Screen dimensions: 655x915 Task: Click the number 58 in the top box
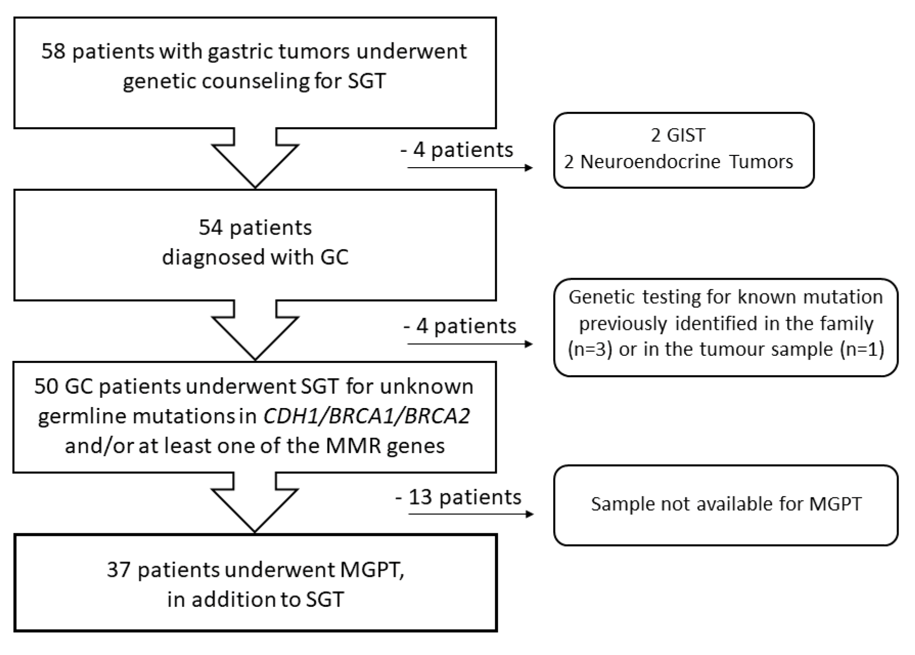(53, 52)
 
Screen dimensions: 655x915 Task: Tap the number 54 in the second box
(211, 228)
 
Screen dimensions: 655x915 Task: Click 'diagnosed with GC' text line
(255, 257)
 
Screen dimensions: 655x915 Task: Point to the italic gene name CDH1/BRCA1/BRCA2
(366, 416)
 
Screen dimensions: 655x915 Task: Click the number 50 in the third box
(46, 387)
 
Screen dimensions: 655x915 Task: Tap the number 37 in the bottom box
(119, 570)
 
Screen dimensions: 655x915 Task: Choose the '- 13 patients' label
(459, 497)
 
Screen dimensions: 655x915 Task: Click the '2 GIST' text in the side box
(678, 135)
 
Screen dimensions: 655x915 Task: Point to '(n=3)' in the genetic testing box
(590, 350)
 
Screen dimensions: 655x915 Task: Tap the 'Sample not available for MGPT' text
(726, 504)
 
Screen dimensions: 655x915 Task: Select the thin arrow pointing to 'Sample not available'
(470, 513)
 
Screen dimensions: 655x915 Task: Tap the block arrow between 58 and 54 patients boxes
(255, 159)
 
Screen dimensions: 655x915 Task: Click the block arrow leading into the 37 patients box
(255, 503)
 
